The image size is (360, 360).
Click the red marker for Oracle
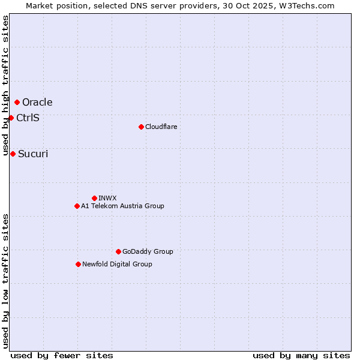pyautogui.click(x=17, y=102)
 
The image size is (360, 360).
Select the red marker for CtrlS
pyautogui.click(x=11, y=118)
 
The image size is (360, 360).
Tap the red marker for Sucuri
pyautogui.click(x=13, y=154)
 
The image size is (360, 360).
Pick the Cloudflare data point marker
pyautogui.click(x=141, y=127)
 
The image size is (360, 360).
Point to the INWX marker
pyautogui.click(x=94, y=198)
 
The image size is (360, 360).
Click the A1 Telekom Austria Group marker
pyautogui.click(x=77, y=206)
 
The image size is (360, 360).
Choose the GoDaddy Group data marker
pyautogui.click(x=118, y=251)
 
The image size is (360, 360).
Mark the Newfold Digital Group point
pyautogui.click(x=78, y=264)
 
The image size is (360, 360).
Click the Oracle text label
pyautogui.click(x=37, y=103)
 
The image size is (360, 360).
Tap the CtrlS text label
pyautogui.click(x=28, y=118)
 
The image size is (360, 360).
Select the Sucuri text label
pyautogui.click(x=33, y=154)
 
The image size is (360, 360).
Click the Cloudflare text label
pyautogui.click(x=161, y=127)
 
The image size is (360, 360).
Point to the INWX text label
pyautogui.click(x=107, y=198)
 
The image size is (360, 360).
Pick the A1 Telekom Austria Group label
pyautogui.click(x=122, y=206)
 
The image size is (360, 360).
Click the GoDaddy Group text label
pyautogui.click(x=148, y=251)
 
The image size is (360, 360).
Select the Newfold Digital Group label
pyautogui.click(x=117, y=264)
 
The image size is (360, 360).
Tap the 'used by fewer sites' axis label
pyautogui.click(x=62, y=355)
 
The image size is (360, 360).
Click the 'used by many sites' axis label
pyautogui.click(x=301, y=355)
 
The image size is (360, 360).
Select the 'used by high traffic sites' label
pyautogui.click(x=5, y=86)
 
